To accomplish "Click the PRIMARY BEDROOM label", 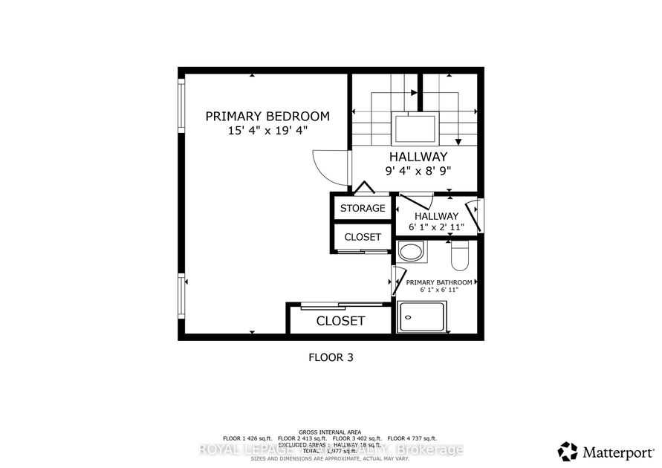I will coord(267,116).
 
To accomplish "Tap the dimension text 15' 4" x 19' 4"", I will coord(267,131).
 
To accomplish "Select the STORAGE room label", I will coord(363,208).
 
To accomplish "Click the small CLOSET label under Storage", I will coord(363,237).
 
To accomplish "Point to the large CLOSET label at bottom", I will coord(340,321).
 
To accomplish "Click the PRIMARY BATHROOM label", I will coord(438,282).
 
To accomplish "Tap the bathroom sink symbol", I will coord(411,251).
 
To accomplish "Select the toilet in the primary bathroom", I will coord(458,256).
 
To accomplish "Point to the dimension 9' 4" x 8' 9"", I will coord(418,171).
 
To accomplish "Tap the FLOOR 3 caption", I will coord(331,357).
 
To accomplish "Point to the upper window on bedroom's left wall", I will coord(181,106).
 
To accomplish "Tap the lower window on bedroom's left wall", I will coord(181,296).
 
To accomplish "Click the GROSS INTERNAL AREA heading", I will coord(331,432).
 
